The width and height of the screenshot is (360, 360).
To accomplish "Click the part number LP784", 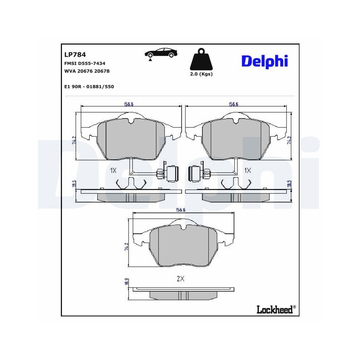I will [x=75, y=55].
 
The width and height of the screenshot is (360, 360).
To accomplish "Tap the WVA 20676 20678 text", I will [x=87, y=71].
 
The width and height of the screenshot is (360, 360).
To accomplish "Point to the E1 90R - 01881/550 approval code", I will [x=89, y=87].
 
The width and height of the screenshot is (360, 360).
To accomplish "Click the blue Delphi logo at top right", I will [x=264, y=61].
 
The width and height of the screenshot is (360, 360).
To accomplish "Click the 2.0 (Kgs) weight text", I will [x=201, y=74].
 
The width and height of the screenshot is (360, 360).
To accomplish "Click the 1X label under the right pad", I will [x=247, y=170].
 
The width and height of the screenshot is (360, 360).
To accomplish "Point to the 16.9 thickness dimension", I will [x=126, y=282].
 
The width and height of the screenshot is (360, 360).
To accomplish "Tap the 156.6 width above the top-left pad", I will [x=129, y=104].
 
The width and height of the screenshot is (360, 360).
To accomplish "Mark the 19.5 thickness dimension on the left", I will [x=73, y=184].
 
